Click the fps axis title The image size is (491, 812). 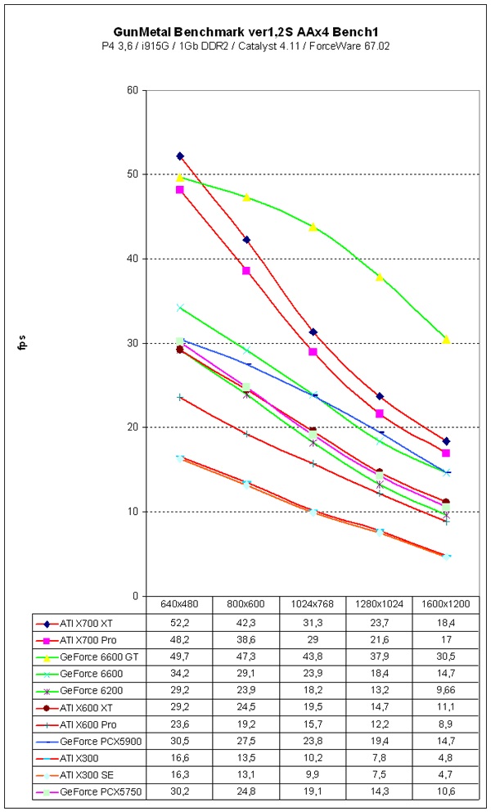24,343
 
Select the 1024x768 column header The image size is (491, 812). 313,605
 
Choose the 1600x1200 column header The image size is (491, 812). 446,605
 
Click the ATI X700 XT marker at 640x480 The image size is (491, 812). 180,156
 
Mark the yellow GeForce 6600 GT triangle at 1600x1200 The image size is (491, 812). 446,339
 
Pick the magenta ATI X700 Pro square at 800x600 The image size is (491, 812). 246,271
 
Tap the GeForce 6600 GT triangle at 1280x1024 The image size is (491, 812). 380,277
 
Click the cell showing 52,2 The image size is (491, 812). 180,623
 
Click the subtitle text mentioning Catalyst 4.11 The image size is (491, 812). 245,46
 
